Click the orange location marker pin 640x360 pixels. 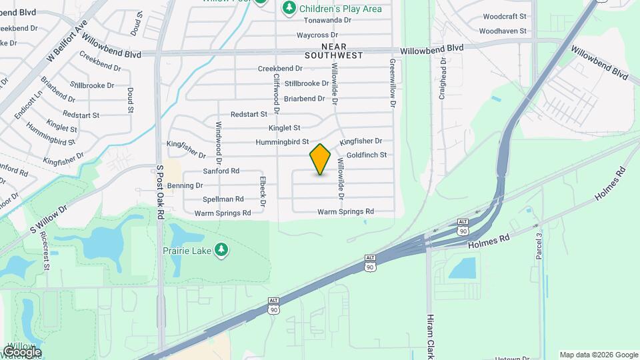tap(320, 159)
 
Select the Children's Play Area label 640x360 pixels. tap(340, 9)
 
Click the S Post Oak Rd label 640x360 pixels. tap(160, 192)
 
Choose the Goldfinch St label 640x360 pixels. tap(367, 155)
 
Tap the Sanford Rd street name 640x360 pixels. tap(221, 171)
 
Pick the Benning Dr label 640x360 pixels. tap(180, 185)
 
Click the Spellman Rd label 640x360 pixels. tap(223, 199)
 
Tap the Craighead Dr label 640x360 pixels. tap(442, 78)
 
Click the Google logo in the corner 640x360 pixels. tap(22, 352)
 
